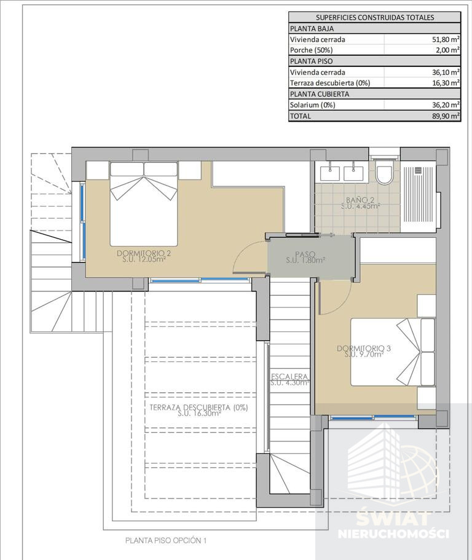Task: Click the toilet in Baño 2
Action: point(385,173)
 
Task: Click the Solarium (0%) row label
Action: point(312,105)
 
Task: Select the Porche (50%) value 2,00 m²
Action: point(447,50)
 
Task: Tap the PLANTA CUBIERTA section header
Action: point(320,94)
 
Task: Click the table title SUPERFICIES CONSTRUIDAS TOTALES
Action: point(375,17)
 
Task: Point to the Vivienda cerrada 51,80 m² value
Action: point(446,39)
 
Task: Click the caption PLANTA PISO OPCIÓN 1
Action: point(166,540)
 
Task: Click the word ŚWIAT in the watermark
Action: point(393,519)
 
